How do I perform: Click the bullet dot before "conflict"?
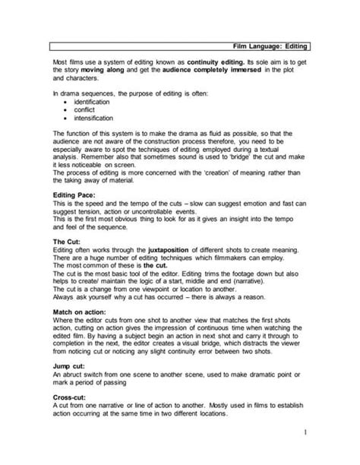point(67,109)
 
